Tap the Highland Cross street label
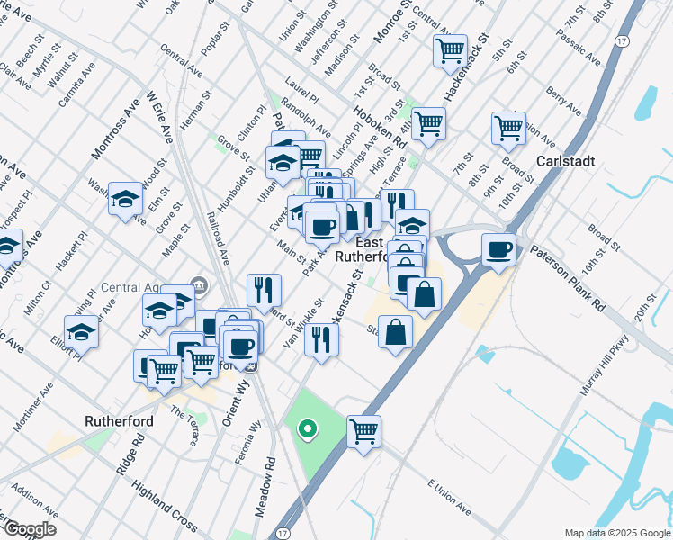click(165, 504)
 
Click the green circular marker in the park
click(308, 429)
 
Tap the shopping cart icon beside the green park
click(364, 431)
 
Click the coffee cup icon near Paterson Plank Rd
click(498, 249)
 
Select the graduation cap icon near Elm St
click(126, 199)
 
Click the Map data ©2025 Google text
click(616, 533)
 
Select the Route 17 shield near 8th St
click(621, 41)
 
